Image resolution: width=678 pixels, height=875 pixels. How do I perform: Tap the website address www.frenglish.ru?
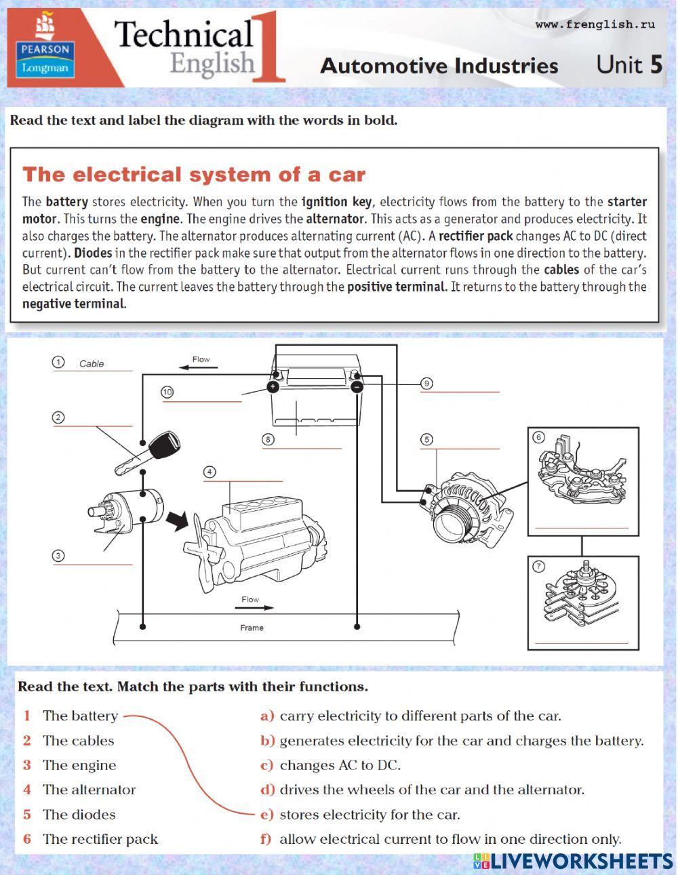pos(595,24)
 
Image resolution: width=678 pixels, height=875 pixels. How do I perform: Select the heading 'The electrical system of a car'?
pos(194,175)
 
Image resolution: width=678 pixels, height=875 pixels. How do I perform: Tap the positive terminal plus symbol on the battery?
pos(272,387)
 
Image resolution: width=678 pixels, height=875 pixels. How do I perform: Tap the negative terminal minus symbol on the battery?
pos(357,387)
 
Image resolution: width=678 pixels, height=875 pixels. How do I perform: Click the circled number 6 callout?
pos(539,437)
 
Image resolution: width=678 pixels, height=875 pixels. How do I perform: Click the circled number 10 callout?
pos(167,392)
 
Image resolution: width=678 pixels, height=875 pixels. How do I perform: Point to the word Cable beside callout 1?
pos(92,364)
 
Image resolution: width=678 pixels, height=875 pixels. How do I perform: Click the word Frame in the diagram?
pos(252,628)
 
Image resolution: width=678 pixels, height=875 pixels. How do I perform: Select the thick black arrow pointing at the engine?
pos(178,521)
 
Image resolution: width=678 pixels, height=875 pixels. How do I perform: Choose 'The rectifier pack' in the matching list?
pos(100,839)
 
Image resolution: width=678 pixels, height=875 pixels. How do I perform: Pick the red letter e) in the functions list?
pos(267,815)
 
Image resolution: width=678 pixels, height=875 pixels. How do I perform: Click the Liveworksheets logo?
pos(573,861)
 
